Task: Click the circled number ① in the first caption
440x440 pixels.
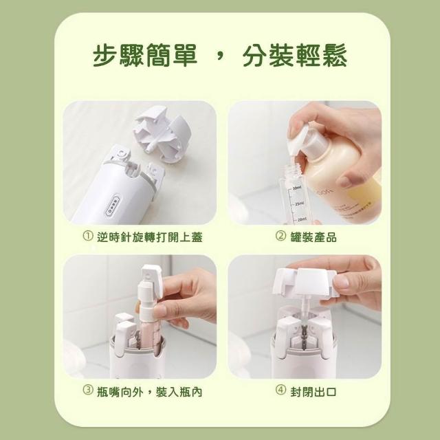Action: (88, 236)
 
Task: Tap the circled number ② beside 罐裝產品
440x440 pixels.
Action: (280, 236)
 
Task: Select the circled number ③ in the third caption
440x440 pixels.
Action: (88, 390)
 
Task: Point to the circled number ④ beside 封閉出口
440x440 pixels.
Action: (280, 390)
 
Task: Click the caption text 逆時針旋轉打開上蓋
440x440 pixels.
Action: (150, 237)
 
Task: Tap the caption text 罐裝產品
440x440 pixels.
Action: (313, 237)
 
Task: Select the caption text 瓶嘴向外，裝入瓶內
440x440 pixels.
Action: (150, 391)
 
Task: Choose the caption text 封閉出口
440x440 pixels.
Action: (313, 391)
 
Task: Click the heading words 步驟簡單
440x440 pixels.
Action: (145, 55)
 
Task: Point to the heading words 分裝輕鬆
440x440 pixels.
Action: (295, 55)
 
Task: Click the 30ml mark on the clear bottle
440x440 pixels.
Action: (296, 188)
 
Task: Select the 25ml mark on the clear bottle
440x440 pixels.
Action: (298, 203)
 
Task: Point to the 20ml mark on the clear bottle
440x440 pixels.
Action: (301, 219)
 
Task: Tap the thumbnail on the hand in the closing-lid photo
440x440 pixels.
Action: (341, 281)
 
